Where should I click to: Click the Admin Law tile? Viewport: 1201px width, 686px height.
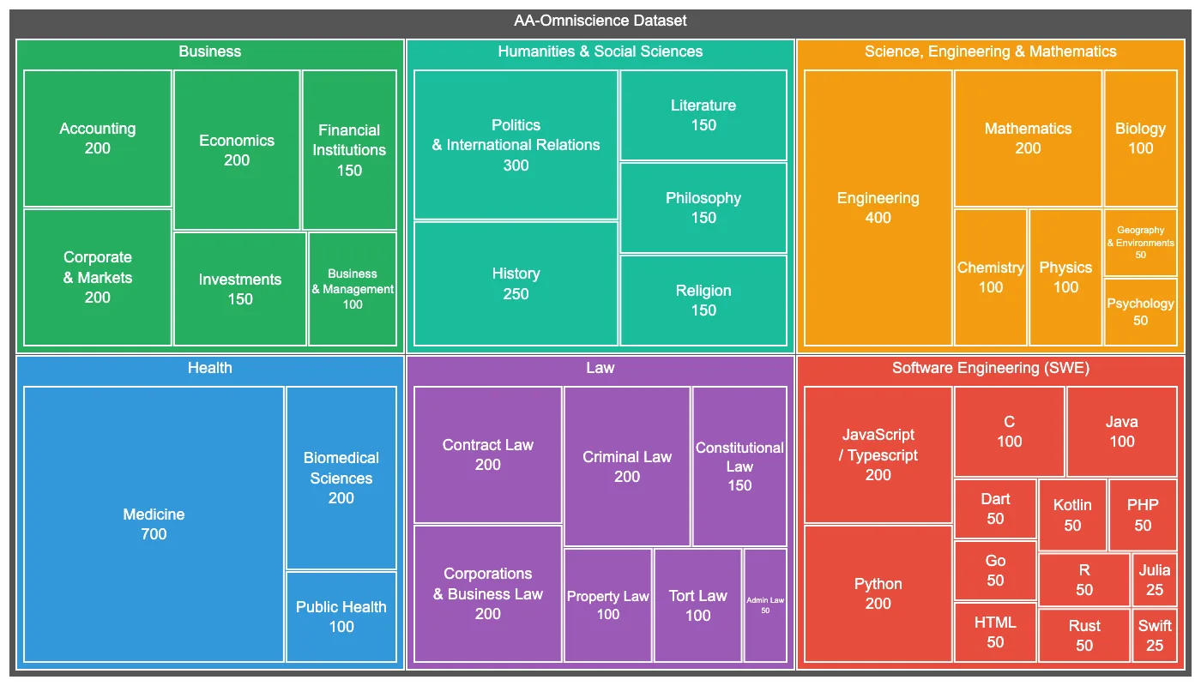click(x=765, y=605)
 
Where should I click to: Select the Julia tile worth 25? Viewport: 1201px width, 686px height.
click(x=1155, y=580)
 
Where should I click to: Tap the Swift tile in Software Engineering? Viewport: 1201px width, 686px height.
click(x=1155, y=635)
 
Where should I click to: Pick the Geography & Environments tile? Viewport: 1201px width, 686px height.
click(x=1140, y=243)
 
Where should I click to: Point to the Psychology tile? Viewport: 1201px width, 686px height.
click(x=1140, y=312)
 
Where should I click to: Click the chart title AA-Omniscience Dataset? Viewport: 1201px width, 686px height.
click(x=600, y=21)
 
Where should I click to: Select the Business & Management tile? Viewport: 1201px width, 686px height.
click(x=353, y=289)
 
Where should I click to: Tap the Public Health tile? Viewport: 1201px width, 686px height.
click(x=341, y=617)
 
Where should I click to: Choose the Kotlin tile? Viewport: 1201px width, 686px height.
click(x=1072, y=514)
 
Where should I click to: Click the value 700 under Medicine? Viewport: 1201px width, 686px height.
click(x=154, y=534)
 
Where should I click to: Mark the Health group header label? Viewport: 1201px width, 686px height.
click(x=209, y=368)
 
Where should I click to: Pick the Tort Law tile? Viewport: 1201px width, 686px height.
click(x=697, y=605)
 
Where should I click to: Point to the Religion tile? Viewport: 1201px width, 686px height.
click(x=703, y=300)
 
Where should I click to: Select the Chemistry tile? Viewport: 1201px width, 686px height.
click(x=991, y=277)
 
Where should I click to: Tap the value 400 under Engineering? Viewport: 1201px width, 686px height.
click(x=878, y=218)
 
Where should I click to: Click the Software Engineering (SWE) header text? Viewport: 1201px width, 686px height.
click(x=990, y=368)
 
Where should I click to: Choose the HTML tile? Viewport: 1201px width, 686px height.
click(x=995, y=632)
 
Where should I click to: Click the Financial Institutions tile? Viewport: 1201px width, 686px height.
click(x=349, y=150)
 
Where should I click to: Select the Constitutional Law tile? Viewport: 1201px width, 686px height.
click(x=739, y=466)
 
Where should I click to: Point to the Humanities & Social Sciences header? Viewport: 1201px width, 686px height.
click(x=600, y=51)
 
